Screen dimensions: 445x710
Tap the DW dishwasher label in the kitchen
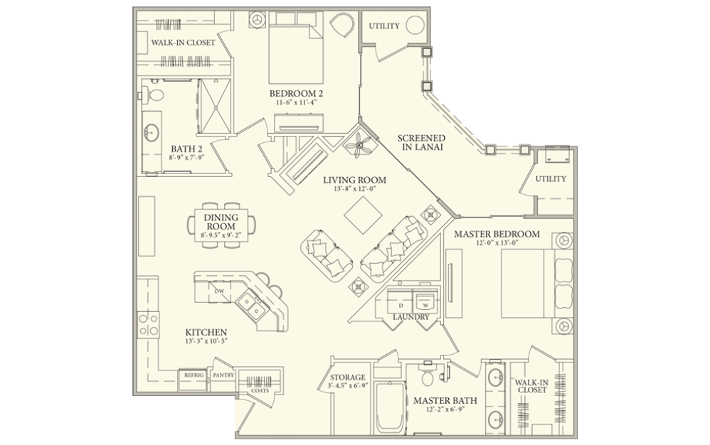(219, 292)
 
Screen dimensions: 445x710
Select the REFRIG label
(194, 375)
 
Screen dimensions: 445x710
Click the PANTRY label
(223, 375)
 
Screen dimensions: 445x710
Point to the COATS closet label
(260, 390)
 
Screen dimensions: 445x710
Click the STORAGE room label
(348, 377)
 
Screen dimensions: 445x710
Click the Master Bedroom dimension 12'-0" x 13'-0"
(497, 244)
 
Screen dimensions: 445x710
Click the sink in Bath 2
(152, 132)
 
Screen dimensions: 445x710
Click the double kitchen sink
(252, 306)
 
